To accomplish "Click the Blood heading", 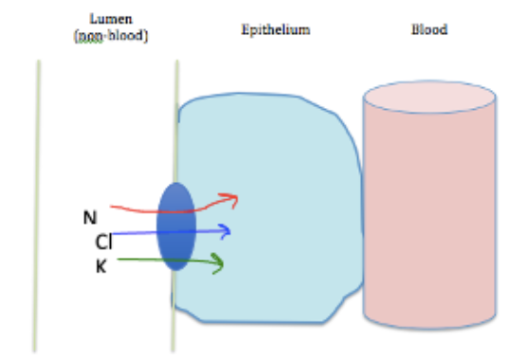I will click(x=428, y=29).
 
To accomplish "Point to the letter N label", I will click(x=90, y=217).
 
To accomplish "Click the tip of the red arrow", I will click(x=237, y=198).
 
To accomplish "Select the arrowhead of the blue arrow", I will click(x=228, y=230).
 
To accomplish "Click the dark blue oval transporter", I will click(x=176, y=226).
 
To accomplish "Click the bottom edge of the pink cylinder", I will click(x=429, y=347).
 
